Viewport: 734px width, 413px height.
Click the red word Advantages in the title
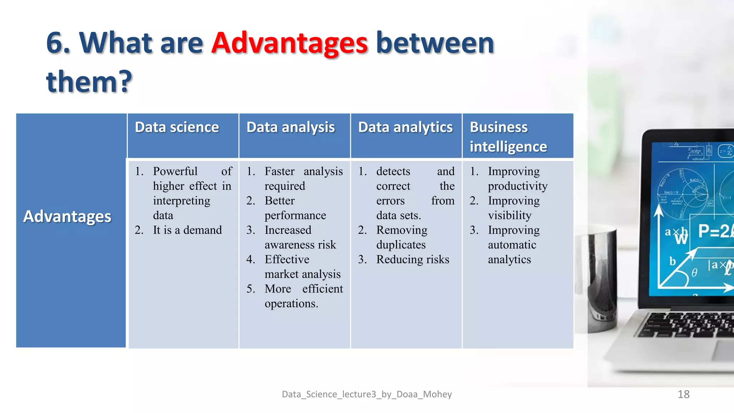click(289, 44)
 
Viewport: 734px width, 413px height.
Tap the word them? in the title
click(89, 82)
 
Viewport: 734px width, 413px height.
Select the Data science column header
click(177, 128)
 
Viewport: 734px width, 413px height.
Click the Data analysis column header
click(290, 128)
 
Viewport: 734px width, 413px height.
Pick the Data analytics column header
click(405, 128)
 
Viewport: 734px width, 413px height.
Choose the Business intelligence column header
click(508, 137)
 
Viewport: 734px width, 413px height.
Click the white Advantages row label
click(67, 217)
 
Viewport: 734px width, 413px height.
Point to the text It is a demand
click(187, 230)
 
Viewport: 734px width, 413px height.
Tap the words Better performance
click(295, 208)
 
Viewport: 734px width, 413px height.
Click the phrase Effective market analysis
click(302, 267)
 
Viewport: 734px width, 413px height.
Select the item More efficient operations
click(303, 296)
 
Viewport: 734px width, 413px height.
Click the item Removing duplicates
click(401, 237)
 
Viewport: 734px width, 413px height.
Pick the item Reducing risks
click(413, 260)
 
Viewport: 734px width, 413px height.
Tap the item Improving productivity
click(517, 179)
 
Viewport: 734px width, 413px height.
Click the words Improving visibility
click(513, 208)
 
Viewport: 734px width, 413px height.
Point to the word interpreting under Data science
click(181, 201)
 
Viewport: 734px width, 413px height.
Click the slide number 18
click(683, 394)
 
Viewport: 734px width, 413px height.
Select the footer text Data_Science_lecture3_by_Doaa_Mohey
click(367, 394)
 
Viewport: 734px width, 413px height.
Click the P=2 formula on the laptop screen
click(714, 232)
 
